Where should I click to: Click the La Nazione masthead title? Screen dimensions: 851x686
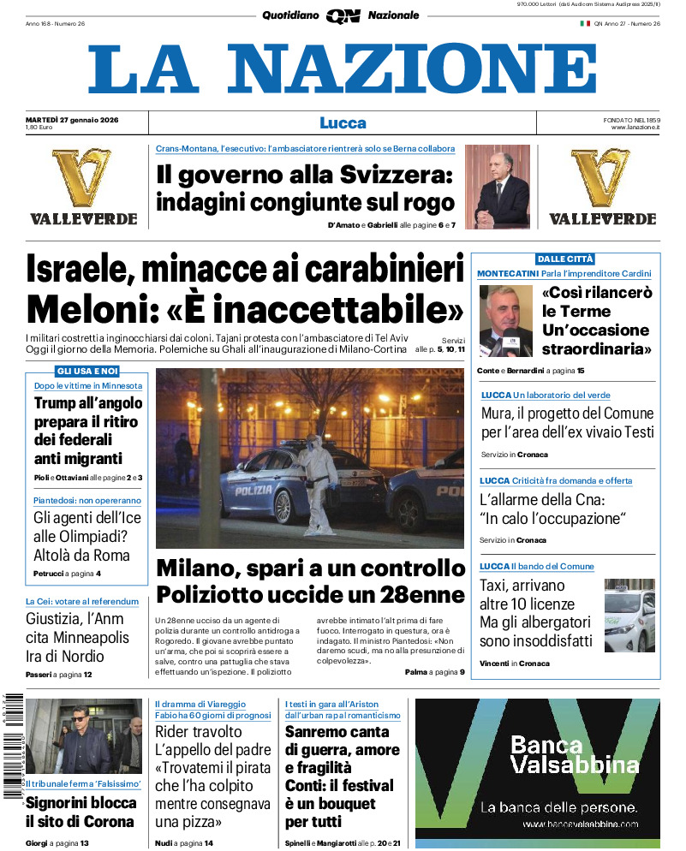point(343,69)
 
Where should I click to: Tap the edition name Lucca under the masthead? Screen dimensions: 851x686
point(343,122)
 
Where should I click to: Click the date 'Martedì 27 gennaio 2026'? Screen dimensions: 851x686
point(72,119)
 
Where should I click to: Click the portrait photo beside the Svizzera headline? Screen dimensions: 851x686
point(498,187)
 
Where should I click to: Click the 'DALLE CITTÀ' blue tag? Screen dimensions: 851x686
point(565,259)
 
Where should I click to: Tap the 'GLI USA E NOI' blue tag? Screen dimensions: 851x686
point(87,371)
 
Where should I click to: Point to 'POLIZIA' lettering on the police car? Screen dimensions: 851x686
point(254,491)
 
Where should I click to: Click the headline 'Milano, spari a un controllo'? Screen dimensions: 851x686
point(311,568)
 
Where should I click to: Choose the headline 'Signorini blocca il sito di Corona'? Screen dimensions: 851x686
point(81,812)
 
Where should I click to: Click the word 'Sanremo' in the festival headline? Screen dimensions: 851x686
point(320,732)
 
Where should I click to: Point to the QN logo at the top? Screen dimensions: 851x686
point(343,15)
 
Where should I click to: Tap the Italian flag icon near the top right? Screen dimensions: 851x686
point(586,23)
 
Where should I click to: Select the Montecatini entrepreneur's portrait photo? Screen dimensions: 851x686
point(505,320)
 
